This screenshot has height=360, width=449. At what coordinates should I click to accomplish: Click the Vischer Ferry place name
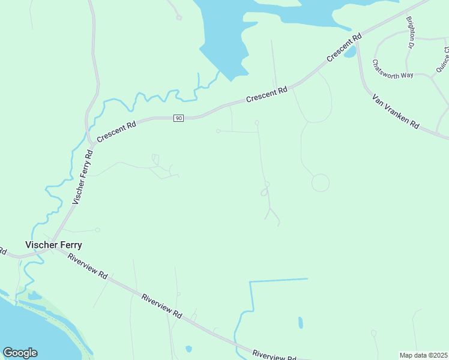tap(53, 245)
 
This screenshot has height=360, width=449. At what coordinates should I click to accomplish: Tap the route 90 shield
tap(178, 118)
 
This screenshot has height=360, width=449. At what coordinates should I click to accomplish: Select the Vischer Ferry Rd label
tap(82, 177)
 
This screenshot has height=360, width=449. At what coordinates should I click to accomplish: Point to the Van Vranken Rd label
tap(395, 111)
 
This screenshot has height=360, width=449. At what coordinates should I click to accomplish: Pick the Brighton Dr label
tap(411, 32)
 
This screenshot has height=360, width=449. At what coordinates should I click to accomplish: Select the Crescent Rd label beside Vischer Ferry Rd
tap(116, 130)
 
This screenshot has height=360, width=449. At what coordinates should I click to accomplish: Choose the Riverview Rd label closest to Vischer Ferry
tap(88, 267)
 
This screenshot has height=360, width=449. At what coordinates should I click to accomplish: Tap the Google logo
tap(20, 353)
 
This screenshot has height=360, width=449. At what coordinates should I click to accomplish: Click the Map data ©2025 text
tap(423, 355)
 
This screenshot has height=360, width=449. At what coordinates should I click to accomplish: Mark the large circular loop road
tap(321, 182)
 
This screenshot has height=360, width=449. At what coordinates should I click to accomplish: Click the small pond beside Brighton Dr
tap(350, 52)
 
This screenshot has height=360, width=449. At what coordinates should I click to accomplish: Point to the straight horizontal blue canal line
tap(279, 280)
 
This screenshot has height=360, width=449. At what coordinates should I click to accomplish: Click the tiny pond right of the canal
tap(300, 323)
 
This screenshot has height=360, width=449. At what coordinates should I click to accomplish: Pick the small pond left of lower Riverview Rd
tap(188, 349)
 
